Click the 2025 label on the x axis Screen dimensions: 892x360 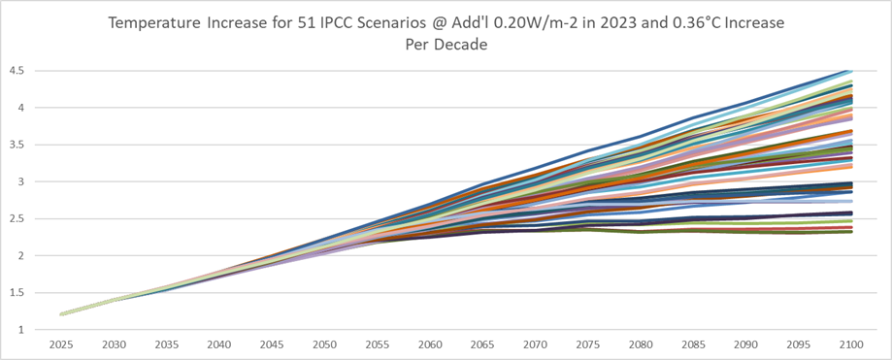(61, 344)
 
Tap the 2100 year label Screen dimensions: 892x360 (851, 344)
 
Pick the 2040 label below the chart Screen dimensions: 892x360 (219, 344)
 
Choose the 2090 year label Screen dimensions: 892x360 (746, 344)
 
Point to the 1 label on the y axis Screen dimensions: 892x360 (19, 330)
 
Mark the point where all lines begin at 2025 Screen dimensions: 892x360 (61, 314)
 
